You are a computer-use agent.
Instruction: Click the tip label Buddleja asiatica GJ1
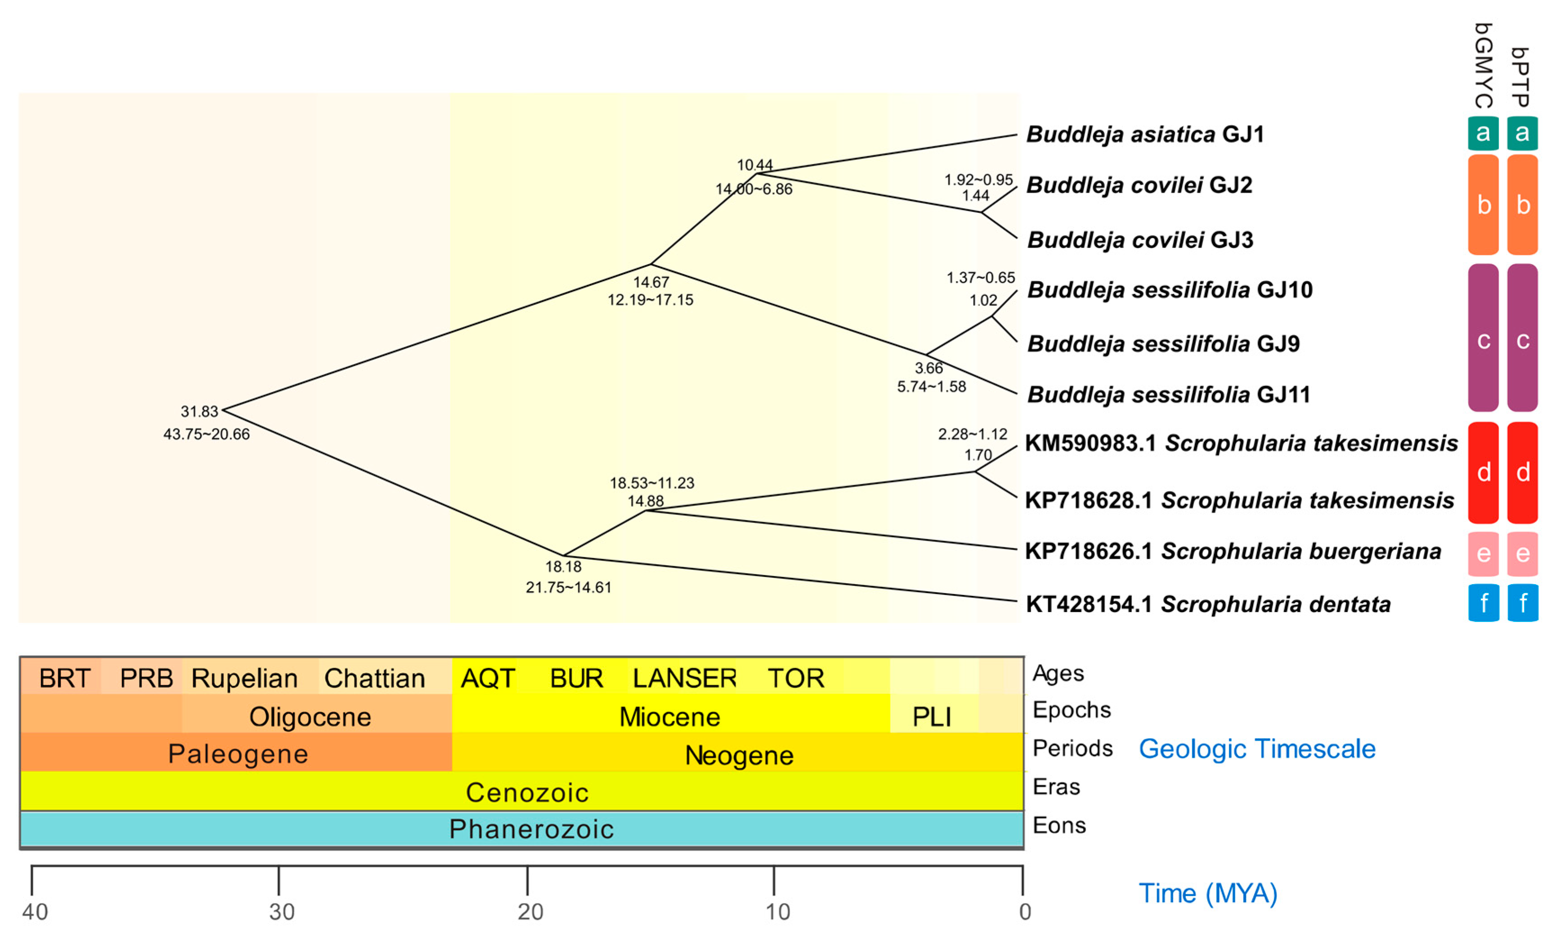click(x=1144, y=135)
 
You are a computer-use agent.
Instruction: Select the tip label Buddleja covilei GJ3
click(x=1140, y=240)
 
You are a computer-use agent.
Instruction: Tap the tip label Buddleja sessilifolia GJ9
click(x=1163, y=344)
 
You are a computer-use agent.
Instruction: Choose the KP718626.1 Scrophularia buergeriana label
click(x=1232, y=551)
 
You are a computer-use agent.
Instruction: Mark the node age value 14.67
click(x=651, y=282)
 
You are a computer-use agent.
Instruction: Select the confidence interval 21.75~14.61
click(x=568, y=587)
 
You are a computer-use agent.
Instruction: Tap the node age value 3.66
click(x=928, y=368)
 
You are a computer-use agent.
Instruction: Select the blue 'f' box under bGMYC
click(x=1483, y=603)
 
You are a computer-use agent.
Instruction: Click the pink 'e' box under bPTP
click(x=1522, y=554)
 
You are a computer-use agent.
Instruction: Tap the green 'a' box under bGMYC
click(x=1483, y=133)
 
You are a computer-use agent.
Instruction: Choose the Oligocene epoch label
click(x=310, y=716)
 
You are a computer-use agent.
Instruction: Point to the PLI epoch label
click(x=931, y=716)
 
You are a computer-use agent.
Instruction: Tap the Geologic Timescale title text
click(x=1257, y=749)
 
